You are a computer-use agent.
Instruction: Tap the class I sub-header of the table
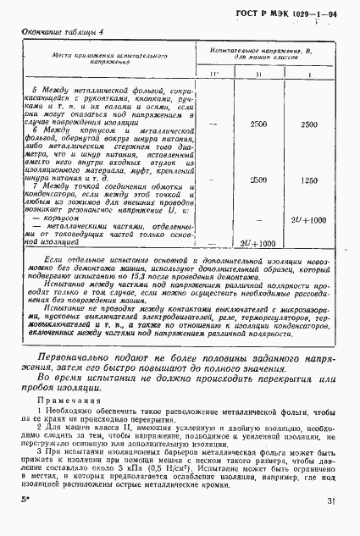pyautogui.click(x=310, y=75)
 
